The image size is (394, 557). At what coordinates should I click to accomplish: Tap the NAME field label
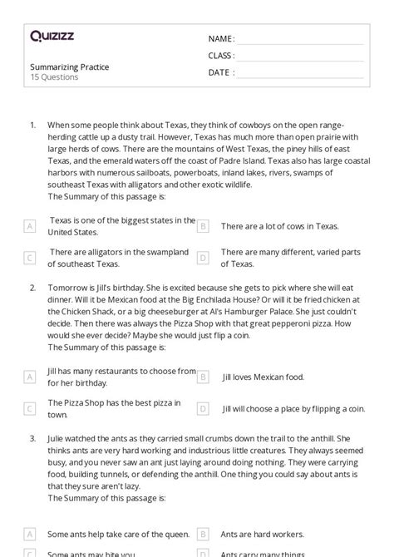[221, 39]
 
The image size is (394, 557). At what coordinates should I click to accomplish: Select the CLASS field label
[221, 56]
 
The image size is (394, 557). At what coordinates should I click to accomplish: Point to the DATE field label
[220, 72]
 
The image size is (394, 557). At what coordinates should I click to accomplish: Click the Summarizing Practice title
[69, 67]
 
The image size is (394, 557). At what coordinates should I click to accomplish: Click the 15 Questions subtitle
[54, 77]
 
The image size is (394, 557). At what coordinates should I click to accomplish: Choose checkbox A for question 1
[30, 226]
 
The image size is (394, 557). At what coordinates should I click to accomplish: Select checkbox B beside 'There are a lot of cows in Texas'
[203, 226]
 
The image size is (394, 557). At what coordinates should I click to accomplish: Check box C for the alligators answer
[30, 258]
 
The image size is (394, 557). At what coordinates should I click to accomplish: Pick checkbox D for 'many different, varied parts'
[203, 258]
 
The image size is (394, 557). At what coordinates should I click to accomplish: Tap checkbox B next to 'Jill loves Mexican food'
[203, 377]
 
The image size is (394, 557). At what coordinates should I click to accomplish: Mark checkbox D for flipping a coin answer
[203, 408]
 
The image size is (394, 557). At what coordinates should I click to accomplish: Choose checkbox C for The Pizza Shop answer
[30, 408]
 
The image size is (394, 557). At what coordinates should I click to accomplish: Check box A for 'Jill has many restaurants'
[30, 377]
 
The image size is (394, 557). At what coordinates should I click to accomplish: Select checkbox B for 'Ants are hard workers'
[203, 534]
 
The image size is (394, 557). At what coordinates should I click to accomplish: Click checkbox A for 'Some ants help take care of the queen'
[30, 534]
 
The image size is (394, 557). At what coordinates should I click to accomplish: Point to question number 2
[32, 287]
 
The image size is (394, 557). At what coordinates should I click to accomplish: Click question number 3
[32, 437]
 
